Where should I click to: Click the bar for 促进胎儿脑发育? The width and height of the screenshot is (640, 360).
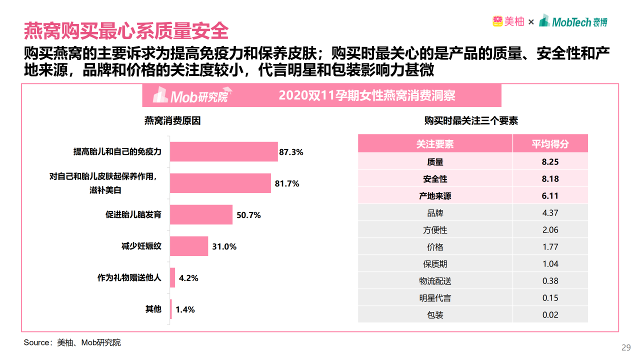[201, 214]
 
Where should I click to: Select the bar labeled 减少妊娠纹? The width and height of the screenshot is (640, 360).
[188, 246]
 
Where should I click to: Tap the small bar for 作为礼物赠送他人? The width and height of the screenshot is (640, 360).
[172, 277]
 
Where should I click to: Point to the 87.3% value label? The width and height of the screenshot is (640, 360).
[291, 152]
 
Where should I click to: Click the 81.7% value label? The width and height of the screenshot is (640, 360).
[287, 183]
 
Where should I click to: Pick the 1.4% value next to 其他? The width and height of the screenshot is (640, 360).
[185, 309]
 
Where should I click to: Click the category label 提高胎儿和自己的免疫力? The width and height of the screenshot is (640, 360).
[117, 151]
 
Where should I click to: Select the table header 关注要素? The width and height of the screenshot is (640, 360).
[435, 144]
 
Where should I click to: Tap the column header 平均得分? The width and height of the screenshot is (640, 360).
[550, 144]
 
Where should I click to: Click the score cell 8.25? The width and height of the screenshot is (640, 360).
[550, 161]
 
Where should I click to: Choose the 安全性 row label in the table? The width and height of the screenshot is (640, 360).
[435, 178]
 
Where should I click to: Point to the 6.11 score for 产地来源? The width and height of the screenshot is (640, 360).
[550, 196]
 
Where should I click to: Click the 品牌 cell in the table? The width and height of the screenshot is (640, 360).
[435, 213]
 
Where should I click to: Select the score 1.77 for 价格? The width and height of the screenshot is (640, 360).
[550, 247]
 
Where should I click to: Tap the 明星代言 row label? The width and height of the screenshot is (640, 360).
[435, 298]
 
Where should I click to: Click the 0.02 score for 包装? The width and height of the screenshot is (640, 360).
[550, 315]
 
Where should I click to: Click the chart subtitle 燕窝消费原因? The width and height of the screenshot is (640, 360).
[172, 121]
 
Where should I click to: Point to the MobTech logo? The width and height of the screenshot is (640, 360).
[573, 21]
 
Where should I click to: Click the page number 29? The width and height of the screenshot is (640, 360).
[625, 348]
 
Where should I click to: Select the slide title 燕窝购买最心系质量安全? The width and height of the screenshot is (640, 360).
[126, 31]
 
